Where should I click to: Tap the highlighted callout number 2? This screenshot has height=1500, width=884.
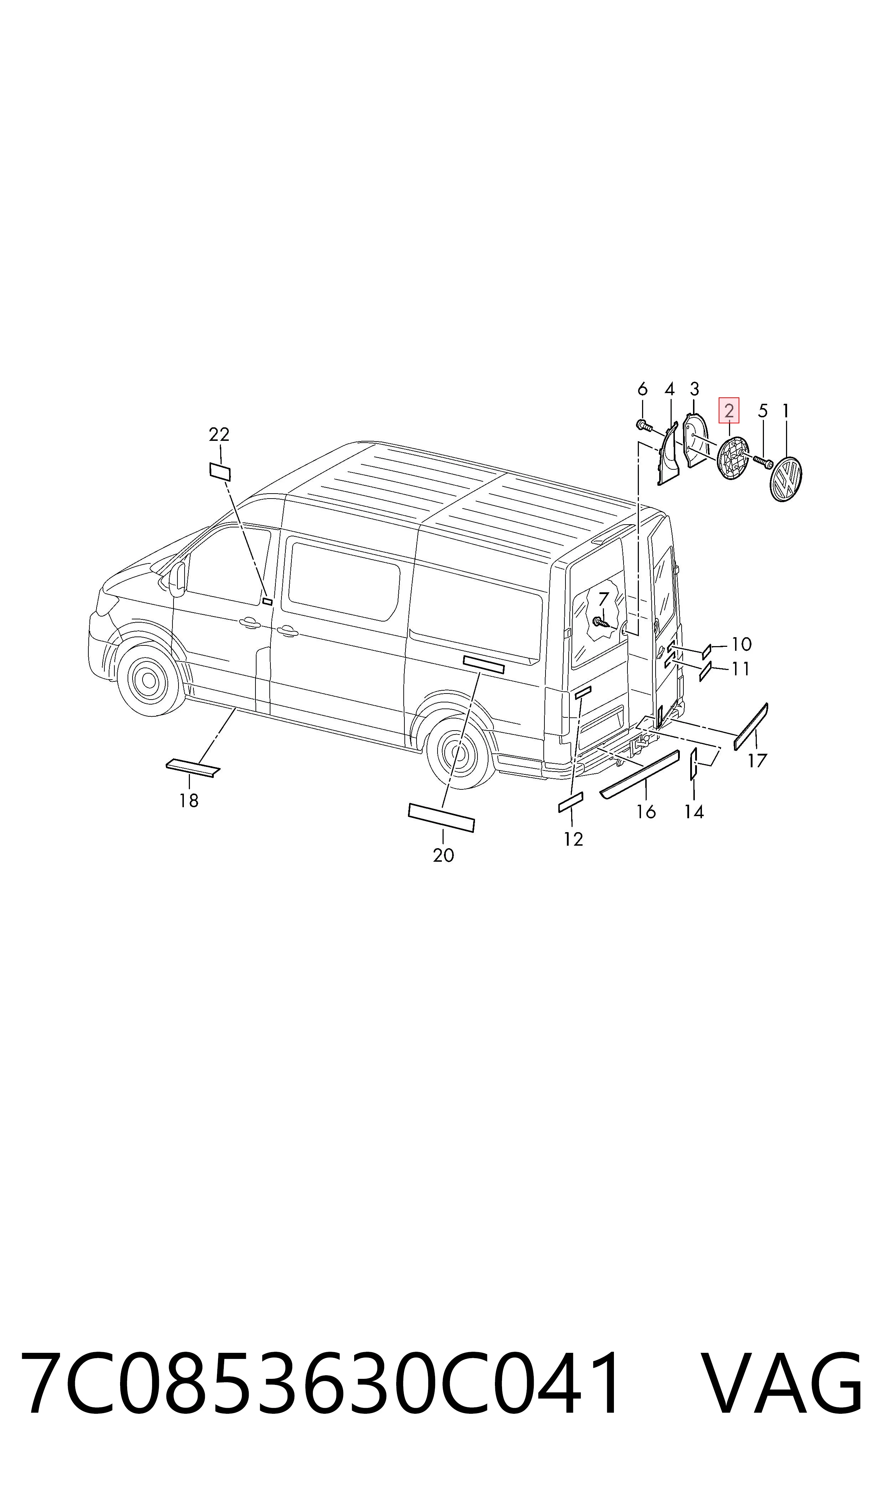729,411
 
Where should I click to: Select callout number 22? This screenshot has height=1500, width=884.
219,434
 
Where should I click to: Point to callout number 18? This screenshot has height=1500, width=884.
189,801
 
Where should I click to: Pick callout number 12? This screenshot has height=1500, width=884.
573,839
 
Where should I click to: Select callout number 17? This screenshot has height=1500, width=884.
758,761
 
